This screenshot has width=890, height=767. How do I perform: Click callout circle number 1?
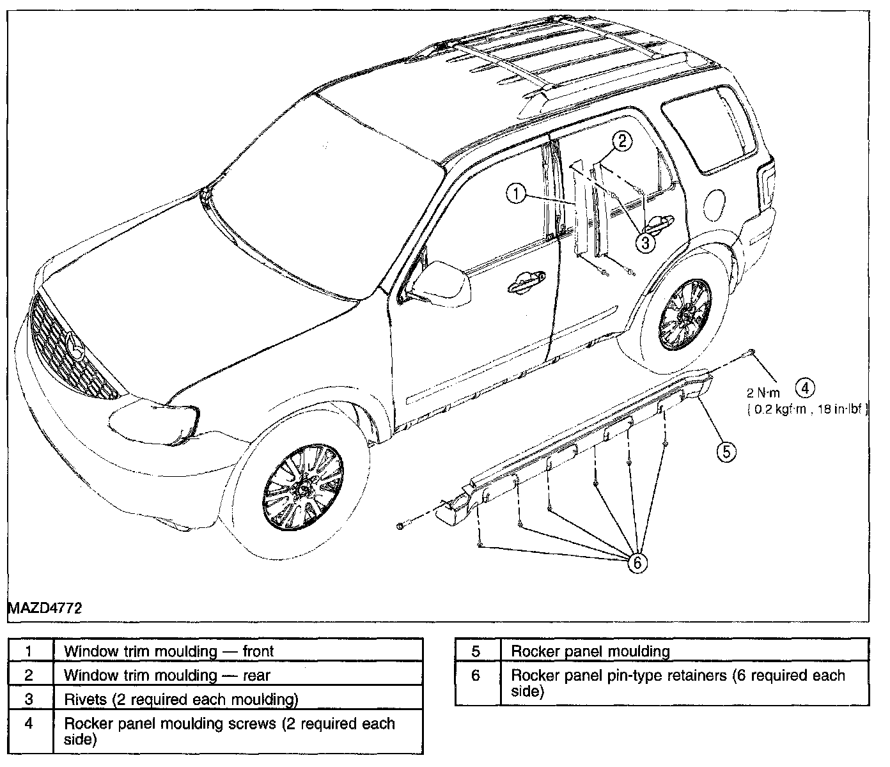click(516, 194)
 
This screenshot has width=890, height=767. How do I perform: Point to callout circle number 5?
click(726, 452)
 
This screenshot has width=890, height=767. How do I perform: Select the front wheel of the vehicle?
click(304, 486)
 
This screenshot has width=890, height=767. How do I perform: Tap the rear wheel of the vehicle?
click(684, 314)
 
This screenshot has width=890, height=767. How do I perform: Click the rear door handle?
click(655, 222)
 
